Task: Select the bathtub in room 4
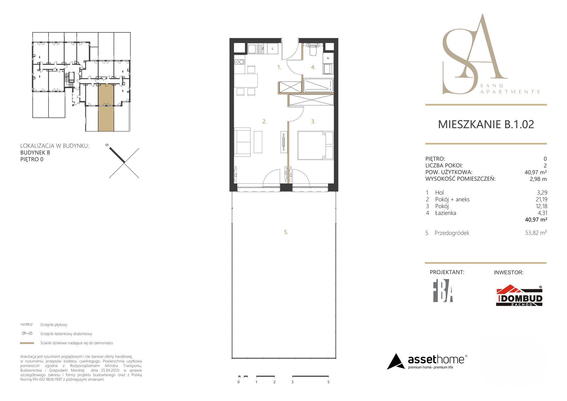point(318,85)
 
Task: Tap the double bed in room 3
point(315,145)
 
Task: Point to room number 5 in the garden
point(286,232)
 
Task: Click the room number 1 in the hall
point(279,67)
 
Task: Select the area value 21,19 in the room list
point(541,199)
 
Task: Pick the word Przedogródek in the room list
point(452,233)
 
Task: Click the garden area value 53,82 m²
point(536,233)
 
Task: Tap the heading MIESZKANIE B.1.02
point(486,124)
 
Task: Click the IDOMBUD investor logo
point(519,296)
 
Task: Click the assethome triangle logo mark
point(395,362)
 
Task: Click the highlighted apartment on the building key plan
point(106,108)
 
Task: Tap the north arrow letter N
point(107,145)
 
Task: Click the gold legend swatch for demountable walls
point(27,343)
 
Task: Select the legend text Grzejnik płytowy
point(54,325)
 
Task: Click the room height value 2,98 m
point(538,179)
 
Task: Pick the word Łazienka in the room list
point(446,213)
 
